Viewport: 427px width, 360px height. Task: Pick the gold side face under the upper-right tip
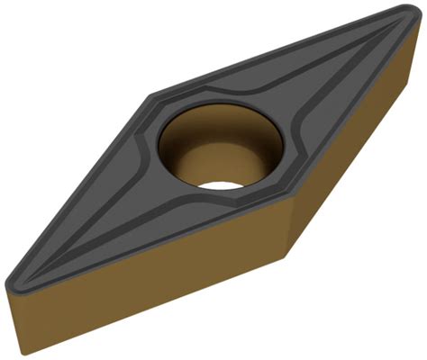click(x=360, y=135)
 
